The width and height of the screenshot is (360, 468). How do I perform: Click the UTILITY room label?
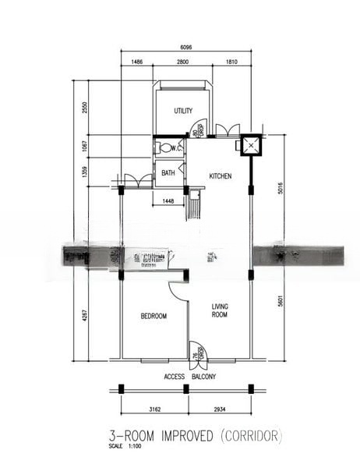pos(183,112)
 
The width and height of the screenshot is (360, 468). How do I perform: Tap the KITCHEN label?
pos(221,177)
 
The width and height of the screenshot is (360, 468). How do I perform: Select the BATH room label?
pos(168,173)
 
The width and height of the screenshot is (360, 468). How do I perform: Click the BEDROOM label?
pos(154,316)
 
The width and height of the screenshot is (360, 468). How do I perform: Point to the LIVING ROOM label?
pos(220,311)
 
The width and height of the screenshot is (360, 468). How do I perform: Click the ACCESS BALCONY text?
pos(189,377)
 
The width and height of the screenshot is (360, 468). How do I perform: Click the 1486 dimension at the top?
pos(136,61)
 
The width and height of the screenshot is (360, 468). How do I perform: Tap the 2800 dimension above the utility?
pos(183,61)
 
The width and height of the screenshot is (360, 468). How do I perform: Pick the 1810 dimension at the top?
pos(231,61)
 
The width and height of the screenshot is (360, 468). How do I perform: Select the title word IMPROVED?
pos(185,435)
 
